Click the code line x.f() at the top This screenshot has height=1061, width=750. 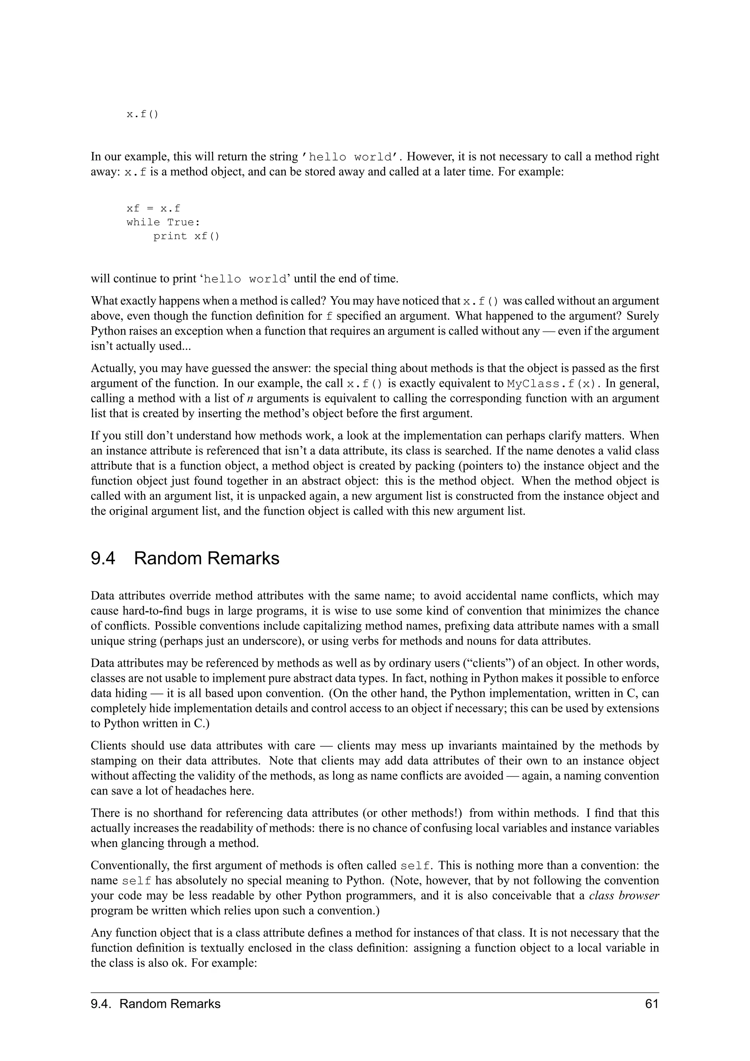tap(142, 114)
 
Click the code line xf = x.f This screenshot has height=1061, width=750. tap(153, 208)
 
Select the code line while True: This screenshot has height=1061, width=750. tap(163, 222)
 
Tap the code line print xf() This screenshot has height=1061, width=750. tap(186, 236)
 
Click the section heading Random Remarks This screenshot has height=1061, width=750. tap(207, 558)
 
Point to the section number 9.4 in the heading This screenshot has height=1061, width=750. tap(103, 558)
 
